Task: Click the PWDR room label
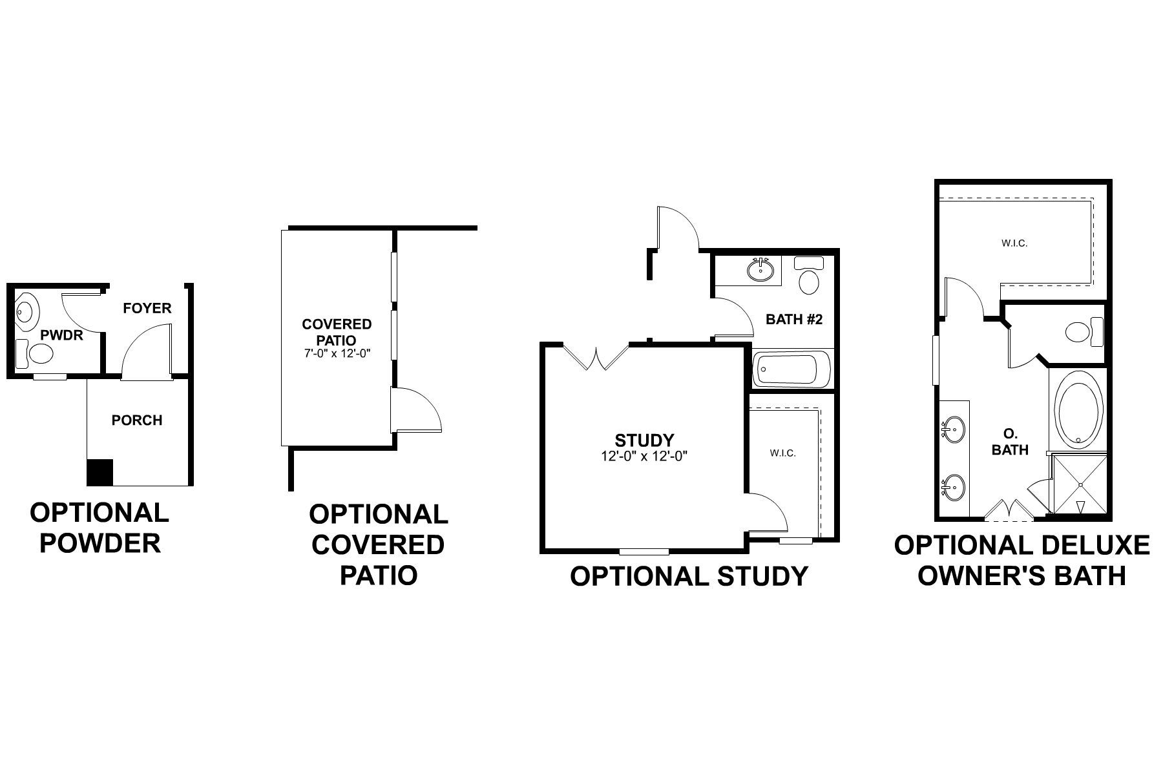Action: pyautogui.click(x=61, y=336)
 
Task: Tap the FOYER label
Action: pyautogui.click(x=147, y=308)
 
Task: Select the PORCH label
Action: pyautogui.click(x=137, y=420)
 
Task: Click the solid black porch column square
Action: pyautogui.click(x=100, y=472)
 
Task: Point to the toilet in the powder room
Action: pyautogui.click(x=37, y=353)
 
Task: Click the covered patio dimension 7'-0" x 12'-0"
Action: pyautogui.click(x=337, y=354)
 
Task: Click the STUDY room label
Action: pyautogui.click(x=644, y=440)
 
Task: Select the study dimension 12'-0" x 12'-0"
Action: pyautogui.click(x=644, y=456)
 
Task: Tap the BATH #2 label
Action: pyautogui.click(x=794, y=319)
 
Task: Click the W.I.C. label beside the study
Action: pyautogui.click(x=782, y=453)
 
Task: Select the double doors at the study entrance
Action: pyautogui.click(x=596, y=357)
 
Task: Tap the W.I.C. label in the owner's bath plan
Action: pyautogui.click(x=1014, y=243)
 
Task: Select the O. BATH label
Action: pyautogui.click(x=1009, y=442)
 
